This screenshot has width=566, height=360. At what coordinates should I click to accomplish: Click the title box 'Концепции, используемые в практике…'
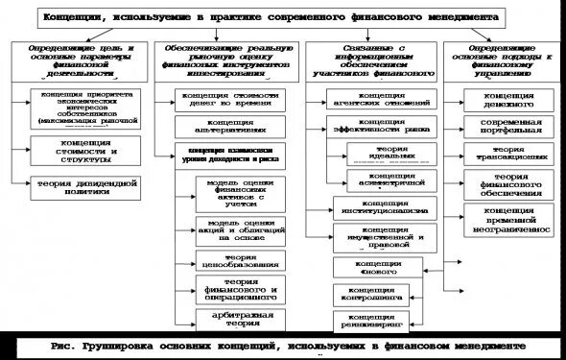coord(283,17)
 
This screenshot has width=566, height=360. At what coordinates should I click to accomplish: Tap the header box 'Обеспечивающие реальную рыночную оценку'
coord(227,58)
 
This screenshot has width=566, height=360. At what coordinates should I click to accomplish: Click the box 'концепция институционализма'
coord(382,207)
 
